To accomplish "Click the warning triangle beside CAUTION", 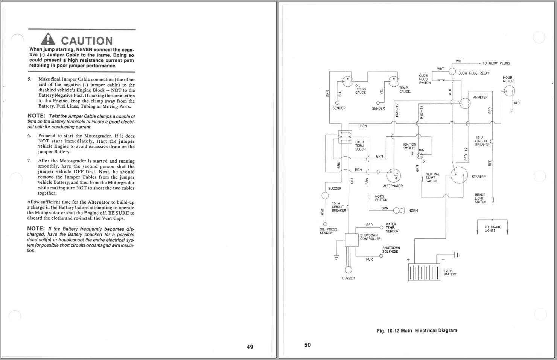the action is click(x=48, y=39).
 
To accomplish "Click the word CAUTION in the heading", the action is click(x=87, y=41).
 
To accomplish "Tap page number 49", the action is click(x=250, y=347).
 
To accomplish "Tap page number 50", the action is click(x=307, y=345).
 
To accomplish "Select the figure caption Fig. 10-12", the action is click(x=417, y=331).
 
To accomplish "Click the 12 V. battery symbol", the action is click(x=424, y=272).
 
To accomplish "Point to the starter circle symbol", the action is click(x=459, y=175).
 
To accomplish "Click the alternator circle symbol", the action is click(x=393, y=175).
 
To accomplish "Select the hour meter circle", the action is click(x=509, y=91).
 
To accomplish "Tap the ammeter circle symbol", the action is click(x=465, y=103).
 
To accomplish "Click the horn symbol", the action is click(x=399, y=211).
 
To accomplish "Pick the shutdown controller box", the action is click(x=352, y=240).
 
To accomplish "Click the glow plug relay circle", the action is click(x=452, y=72).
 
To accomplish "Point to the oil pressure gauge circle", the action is click(x=348, y=81).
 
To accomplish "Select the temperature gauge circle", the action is click(x=394, y=81).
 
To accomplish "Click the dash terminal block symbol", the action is click(x=345, y=137).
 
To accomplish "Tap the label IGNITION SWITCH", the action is click(x=409, y=146).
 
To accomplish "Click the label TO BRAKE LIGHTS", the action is click(x=493, y=229).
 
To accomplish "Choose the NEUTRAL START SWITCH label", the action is click(x=432, y=178).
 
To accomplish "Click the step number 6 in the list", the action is click(x=29, y=136).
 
